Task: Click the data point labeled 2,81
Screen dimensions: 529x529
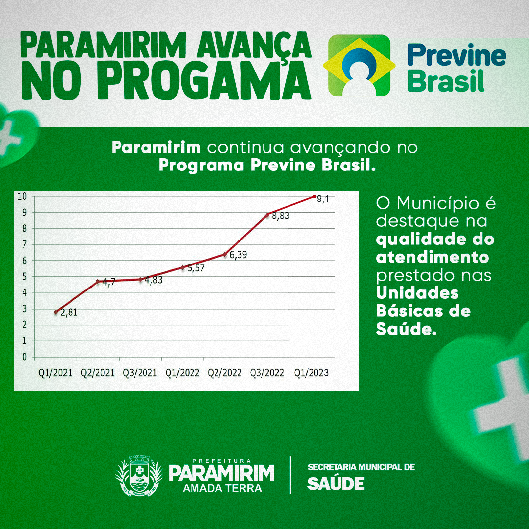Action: click(x=56, y=312)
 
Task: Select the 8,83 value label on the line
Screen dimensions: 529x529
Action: click(x=281, y=216)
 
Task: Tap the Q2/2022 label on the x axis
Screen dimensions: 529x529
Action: click(x=225, y=373)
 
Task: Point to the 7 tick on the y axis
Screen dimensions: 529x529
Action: click(x=24, y=244)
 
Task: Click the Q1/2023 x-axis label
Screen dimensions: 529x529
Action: click(x=312, y=373)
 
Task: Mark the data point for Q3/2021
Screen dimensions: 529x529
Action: click(x=141, y=279)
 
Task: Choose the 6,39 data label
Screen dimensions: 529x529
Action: click(x=238, y=255)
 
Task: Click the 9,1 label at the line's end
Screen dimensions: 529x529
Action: click(x=323, y=199)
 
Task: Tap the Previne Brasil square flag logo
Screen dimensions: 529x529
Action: click(x=360, y=66)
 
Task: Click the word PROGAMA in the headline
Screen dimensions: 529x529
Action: click(x=204, y=81)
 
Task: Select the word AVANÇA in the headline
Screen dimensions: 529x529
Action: click(x=254, y=46)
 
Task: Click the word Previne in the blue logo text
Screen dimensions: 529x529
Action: click(x=457, y=55)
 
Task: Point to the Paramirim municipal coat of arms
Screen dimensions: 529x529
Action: click(x=139, y=476)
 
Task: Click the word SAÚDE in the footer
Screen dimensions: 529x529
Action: click(x=336, y=484)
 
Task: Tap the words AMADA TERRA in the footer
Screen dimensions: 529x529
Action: click(x=222, y=488)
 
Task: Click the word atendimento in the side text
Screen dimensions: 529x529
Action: click(x=433, y=258)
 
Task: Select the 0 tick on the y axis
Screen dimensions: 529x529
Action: click(x=24, y=357)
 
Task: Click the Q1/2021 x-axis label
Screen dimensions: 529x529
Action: click(x=55, y=373)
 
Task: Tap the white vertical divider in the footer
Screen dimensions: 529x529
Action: click(x=290, y=475)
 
